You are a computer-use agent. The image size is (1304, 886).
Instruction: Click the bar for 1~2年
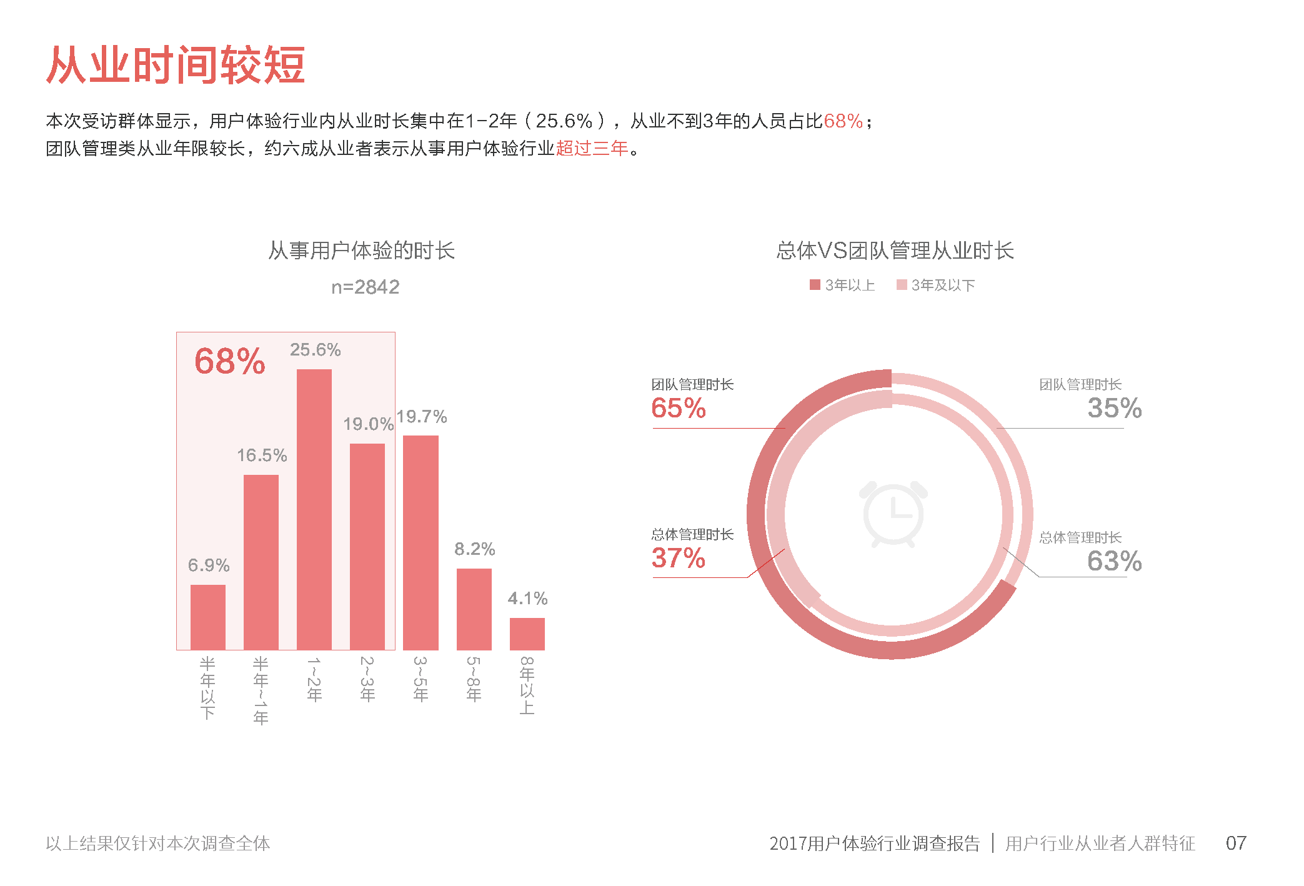(x=314, y=509)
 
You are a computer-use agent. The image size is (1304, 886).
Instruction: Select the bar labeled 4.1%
(x=527, y=634)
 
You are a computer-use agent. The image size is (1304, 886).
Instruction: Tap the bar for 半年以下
(x=207, y=617)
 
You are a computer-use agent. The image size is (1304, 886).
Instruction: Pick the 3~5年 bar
(x=421, y=542)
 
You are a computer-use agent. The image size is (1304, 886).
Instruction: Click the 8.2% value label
(x=474, y=549)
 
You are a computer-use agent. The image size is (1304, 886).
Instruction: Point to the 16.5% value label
(x=262, y=455)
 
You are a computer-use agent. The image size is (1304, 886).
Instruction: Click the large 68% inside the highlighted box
(x=230, y=361)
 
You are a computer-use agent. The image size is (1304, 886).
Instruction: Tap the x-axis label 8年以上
(x=527, y=685)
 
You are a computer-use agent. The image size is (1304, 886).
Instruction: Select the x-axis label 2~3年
(x=367, y=679)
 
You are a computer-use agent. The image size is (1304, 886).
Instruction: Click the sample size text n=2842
(x=365, y=287)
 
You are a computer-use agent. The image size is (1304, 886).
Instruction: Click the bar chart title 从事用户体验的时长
(x=361, y=251)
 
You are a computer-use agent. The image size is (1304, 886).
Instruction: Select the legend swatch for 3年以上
(x=815, y=285)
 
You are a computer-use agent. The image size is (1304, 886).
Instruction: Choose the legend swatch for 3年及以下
(x=901, y=285)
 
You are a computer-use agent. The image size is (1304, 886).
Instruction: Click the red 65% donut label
(x=679, y=408)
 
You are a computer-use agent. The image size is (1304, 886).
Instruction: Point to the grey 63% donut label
(x=1114, y=561)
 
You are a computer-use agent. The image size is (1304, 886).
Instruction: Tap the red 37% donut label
(x=679, y=558)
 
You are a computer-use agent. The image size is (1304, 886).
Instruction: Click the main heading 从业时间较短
(x=176, y=65)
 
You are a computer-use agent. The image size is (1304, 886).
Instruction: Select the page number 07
(x=1235, y=843)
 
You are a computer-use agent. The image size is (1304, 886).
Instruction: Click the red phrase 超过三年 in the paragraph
(x=592, y=149)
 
